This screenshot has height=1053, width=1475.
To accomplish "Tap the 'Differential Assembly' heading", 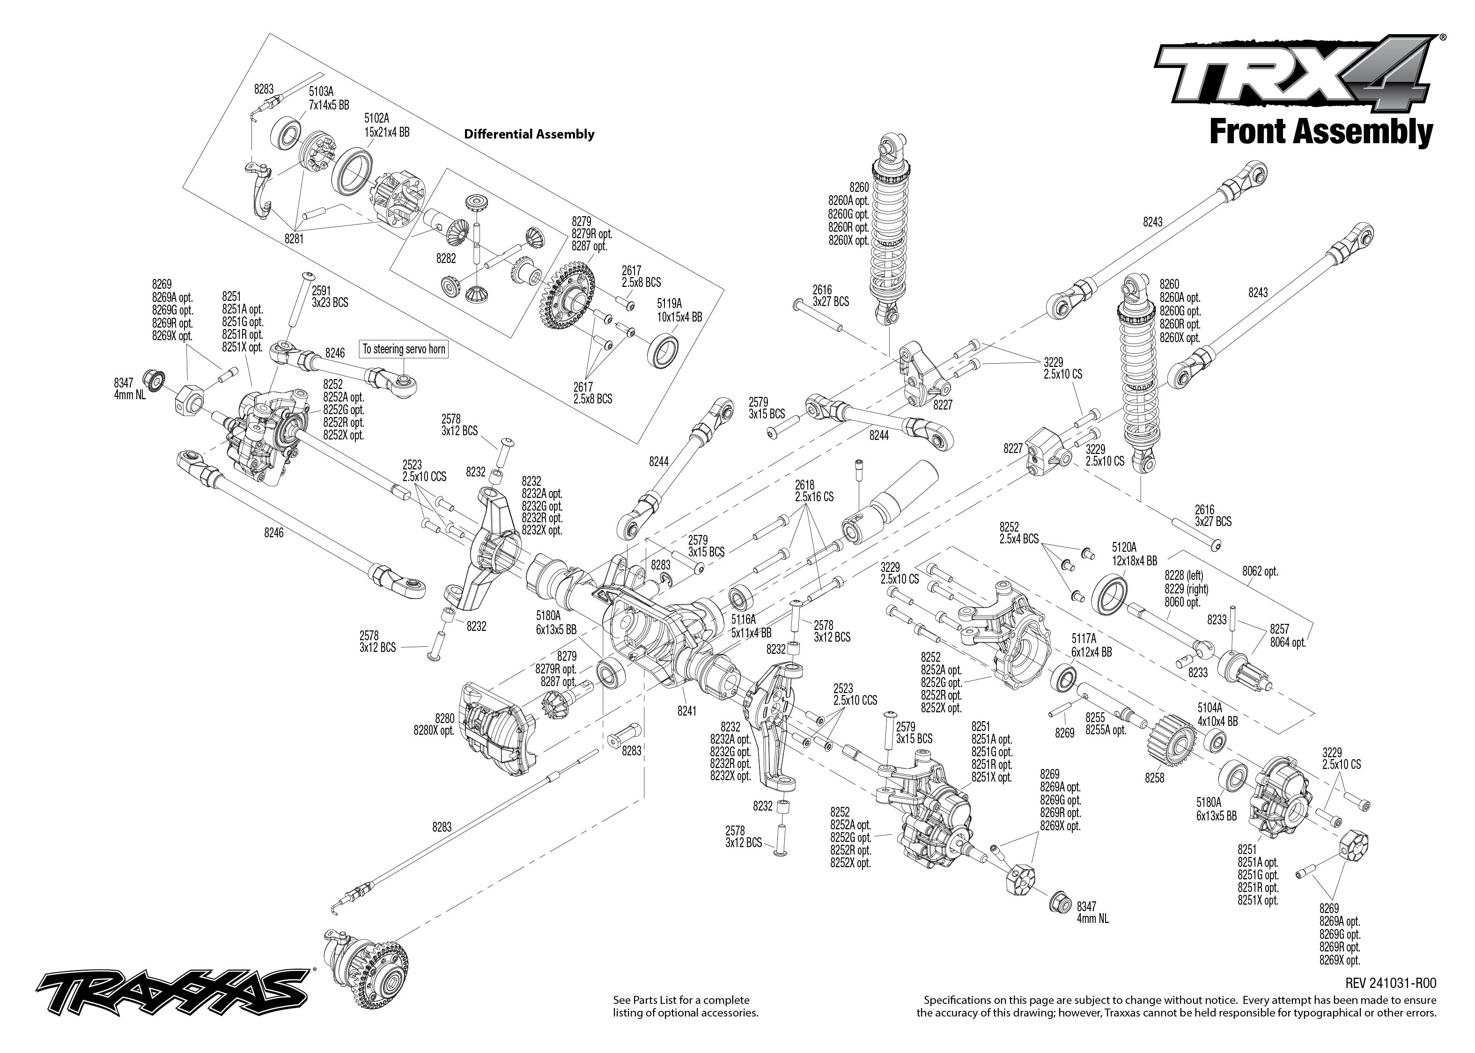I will pyautogui.click(x=529, y=134).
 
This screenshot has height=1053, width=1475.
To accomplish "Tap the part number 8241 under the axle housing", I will pyautogui.click(x=686, y=710).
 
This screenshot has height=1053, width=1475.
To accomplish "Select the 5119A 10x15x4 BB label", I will pyautogui.click(x=679, y=310).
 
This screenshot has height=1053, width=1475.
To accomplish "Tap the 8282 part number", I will pyautogui.click(x=446, y=258).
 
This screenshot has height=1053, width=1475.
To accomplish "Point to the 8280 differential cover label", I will pyautogui.click(x=434, y=724).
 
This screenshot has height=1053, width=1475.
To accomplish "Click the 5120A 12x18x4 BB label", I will pyautogui.click(x=1133, y=553).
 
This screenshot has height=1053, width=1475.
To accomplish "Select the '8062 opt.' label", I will pyautogui.click(x=1260, y=572).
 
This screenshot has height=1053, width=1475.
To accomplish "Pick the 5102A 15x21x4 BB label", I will pyautogui.click(x=387, y=125).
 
